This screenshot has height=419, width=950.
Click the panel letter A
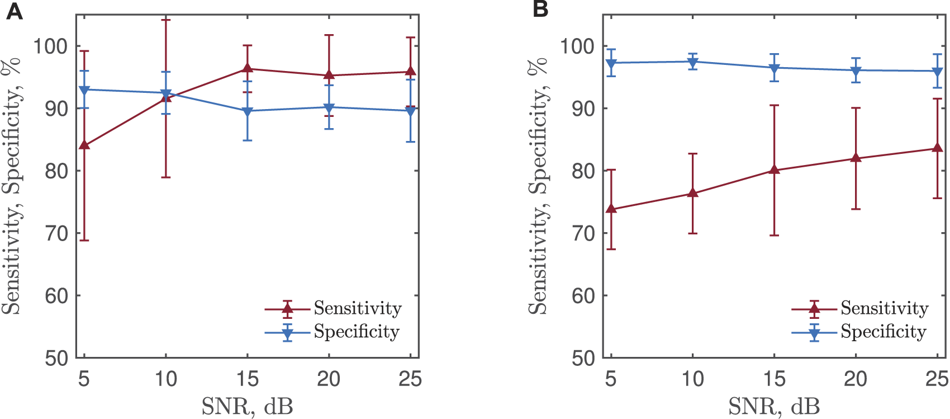coord(14,11)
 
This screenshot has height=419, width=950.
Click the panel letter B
coord(540,10)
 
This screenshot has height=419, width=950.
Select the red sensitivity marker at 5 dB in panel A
coord(84,145)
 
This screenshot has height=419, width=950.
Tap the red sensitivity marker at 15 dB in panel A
coord(248,69)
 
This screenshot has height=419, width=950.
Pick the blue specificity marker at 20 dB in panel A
coord(329,107)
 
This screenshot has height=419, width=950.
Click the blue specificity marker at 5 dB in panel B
coord(611,63)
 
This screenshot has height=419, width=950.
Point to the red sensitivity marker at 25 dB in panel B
coord(937,148)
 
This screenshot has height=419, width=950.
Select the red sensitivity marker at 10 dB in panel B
coord(692,194)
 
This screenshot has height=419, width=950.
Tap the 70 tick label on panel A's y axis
coord(56,233)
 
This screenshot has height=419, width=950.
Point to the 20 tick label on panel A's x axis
coord(329,379)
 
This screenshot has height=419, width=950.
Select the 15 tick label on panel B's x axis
coord(774,379)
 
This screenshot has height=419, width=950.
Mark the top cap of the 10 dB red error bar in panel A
coord(166,20)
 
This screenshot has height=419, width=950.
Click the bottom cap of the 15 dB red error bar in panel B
coord(774,236)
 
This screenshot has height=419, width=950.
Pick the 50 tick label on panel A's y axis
coord(56,358)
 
